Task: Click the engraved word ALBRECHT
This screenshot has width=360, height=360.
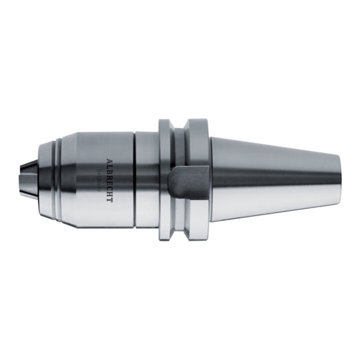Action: point(109,179)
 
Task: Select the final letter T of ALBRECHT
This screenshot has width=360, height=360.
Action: point(109,198)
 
